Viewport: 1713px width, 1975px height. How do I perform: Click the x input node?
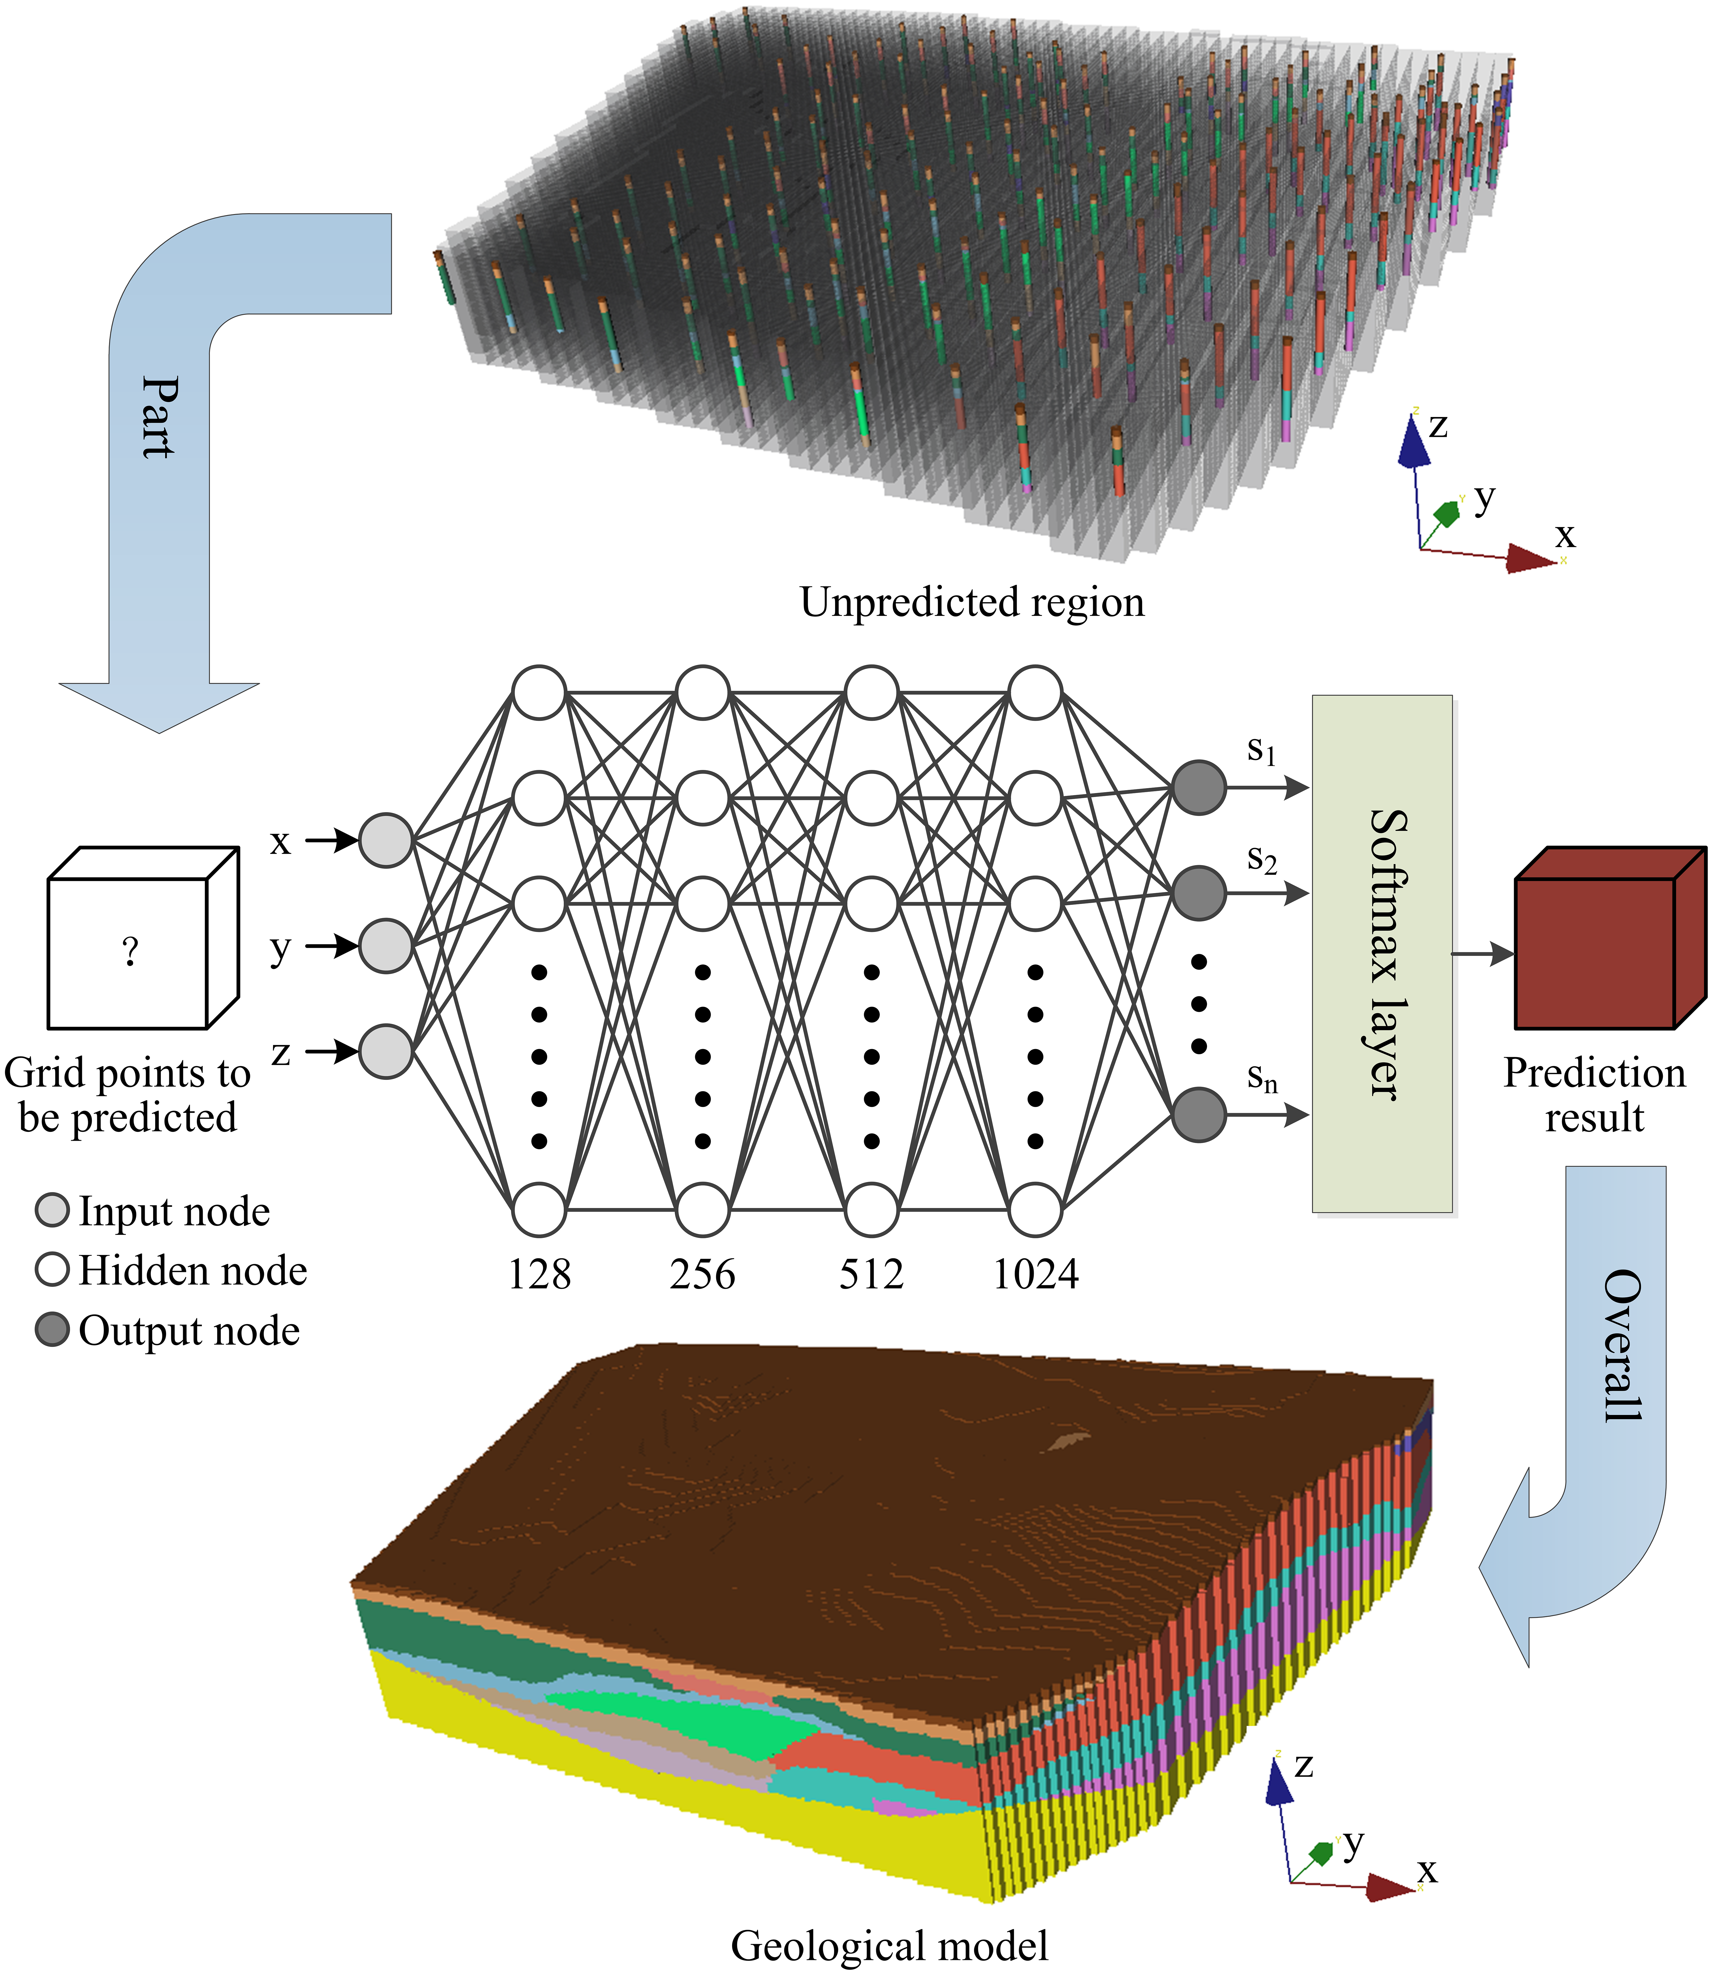(x=385, y=841)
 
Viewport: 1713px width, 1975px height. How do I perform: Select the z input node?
(x=385, y=1052)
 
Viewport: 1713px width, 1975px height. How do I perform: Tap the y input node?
(x=385, y=946)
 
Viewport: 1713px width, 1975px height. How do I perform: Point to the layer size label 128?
(x=539, y=1274)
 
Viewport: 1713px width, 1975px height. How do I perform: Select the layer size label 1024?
(x=1035, y=1274)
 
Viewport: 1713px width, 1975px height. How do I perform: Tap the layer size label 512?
(x=871, y=1274)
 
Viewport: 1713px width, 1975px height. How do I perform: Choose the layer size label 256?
(x=703, y=1274)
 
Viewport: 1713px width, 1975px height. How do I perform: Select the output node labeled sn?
(x=1199, y=1115)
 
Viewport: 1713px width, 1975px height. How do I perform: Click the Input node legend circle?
(x=52, y=1210)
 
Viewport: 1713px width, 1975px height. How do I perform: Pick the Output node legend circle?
(x=52, y=1330)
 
